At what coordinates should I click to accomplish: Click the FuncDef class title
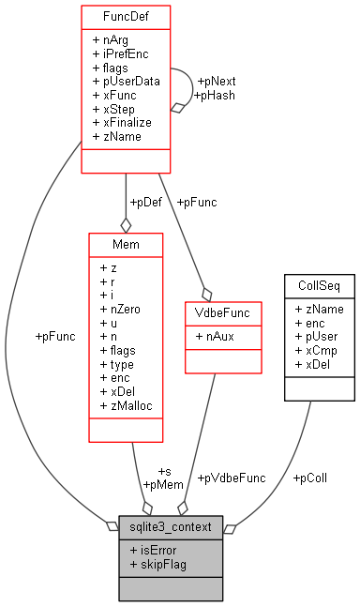click(x=126, y=18)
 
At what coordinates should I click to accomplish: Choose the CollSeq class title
click(x=318, y=283)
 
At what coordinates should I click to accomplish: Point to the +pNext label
click(x=217, y=82)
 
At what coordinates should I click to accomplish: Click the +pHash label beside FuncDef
click(x=215, y=96)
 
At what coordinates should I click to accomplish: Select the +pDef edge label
click(x=146, y=202)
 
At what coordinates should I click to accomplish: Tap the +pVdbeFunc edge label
click(x=231, y=478)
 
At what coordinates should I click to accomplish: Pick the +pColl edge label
click(x=309, y=478)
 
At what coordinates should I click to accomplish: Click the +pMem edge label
click(x=164, y=484)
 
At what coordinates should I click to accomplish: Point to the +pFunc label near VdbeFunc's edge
click(x=197, y=202)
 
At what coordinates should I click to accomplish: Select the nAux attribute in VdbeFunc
click(x=216, y=334)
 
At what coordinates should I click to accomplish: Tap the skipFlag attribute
click(x=158, y=564)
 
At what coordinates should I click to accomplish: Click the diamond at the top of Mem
click(x=126, y=225)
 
